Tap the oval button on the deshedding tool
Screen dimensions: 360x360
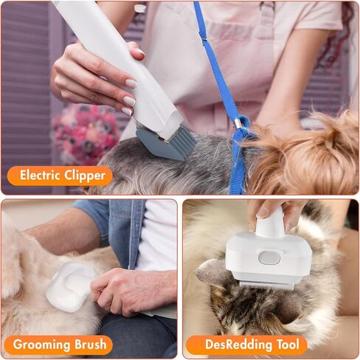[x=271, y=257]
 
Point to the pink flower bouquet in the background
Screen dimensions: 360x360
[x=87, y=133]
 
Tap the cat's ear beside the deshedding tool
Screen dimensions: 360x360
[x=214, y=274]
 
